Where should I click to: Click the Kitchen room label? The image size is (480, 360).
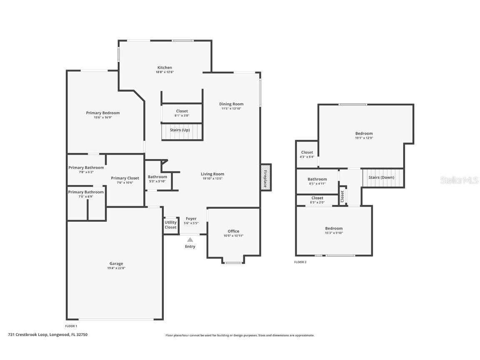[x=165, y=67]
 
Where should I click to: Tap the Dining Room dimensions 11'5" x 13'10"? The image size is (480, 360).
[x=231, y=109]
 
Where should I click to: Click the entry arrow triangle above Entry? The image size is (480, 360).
[x=190, y=240]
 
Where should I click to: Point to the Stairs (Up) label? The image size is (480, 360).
[x=180, y=130]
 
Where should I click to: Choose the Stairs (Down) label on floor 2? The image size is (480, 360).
[x=381, y=177]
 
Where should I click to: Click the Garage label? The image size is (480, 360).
[x=116, y=263]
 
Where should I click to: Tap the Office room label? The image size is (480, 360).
[x=233, y=231]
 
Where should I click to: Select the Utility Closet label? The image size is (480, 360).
[x=170, y=225]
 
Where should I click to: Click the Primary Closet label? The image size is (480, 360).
[x=125, y=178]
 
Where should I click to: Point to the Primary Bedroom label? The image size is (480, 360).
[x=103, y=113]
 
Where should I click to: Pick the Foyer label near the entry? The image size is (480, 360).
[x=191, y=219]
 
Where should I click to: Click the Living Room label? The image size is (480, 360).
[x=212, y=174]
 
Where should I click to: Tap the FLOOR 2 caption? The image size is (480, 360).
[x=300, y=262]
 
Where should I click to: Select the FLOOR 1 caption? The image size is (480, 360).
[x=71, y=326]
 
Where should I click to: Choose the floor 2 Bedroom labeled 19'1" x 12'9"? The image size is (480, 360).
[x=364, y=134]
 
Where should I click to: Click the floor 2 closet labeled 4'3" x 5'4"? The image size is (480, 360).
[x=307, y=152]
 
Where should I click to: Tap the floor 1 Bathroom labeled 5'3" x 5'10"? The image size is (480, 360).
[x=157, y=177]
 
